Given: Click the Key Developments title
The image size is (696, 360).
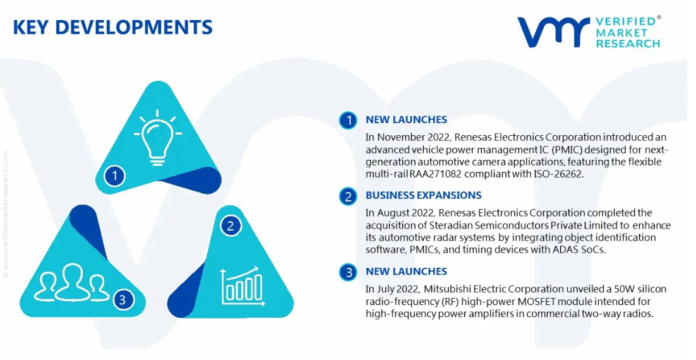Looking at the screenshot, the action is point(113,27).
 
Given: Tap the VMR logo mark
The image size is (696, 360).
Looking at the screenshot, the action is point(553,32).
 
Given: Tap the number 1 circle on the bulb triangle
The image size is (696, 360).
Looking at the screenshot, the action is point(114,176).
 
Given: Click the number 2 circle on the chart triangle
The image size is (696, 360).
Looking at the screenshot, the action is point(231,226).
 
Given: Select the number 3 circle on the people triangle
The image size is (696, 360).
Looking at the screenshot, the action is point(122,300).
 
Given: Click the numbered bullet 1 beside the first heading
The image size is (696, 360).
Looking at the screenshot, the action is point(348,120).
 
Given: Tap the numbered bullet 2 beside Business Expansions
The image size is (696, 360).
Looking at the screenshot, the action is point(348,196).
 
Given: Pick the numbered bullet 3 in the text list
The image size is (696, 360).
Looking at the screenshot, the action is point(348,272).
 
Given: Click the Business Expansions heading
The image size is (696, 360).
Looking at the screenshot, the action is point(423,195).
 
